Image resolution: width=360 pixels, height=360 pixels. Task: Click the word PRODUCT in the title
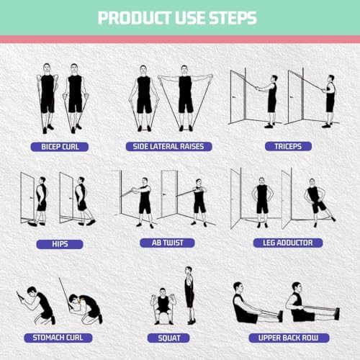pos(132,17)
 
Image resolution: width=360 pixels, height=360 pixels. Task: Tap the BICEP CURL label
pos(59,146)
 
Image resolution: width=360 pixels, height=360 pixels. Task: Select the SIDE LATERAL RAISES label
pos(169,146)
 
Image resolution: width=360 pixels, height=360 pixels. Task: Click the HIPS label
pos(59,243)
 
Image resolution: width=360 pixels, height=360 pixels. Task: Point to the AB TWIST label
pos(169,243)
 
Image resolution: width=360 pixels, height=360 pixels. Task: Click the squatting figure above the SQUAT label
pos(163,306)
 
